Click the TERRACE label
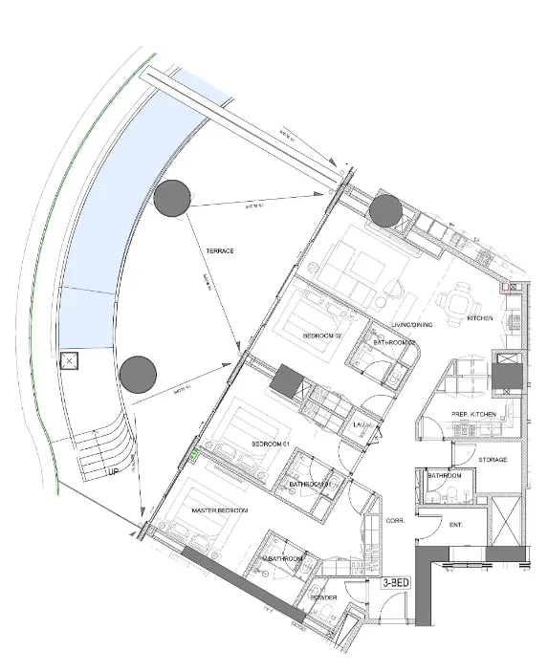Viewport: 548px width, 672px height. tap(220, 250)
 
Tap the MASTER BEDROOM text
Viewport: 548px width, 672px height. tap(220, 511)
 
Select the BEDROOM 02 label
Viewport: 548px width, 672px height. tap(322, 336)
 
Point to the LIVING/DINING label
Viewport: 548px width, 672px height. tap(412, 325)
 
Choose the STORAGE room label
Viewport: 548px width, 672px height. tap(493, 460)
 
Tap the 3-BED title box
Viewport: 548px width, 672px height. tap(397, 581)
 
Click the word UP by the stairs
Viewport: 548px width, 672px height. tap(112, 472)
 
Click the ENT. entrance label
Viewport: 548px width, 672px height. tap(456, 524)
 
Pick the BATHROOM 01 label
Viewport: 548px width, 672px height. tap(309, 485)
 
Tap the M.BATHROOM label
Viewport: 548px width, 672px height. tap(283, 558)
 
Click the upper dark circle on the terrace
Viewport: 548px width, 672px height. tap(171, 199)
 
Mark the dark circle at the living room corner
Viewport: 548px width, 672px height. tap(385, 211)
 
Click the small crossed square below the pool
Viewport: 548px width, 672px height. tap(69, 362)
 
